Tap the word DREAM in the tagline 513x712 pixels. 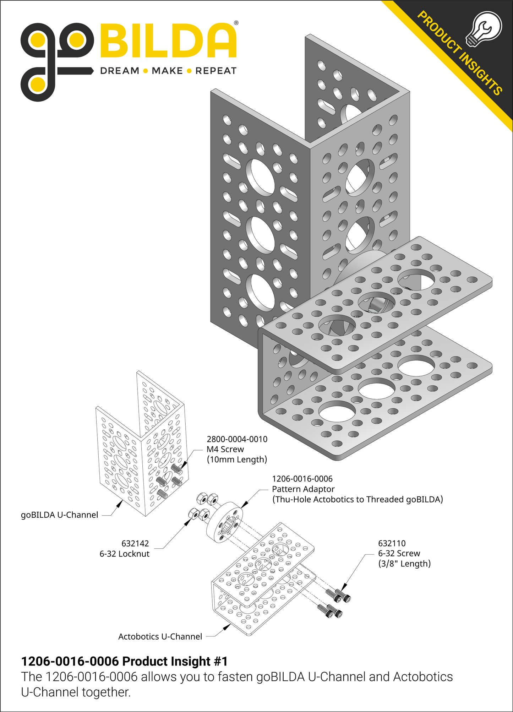pos(120,71)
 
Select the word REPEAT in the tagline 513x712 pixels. pos(216,71)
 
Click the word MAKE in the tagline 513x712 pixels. pos(167,71)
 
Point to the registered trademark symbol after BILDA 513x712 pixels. pos(236,23)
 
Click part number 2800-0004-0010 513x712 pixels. pos(237,439)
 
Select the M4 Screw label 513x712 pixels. pos(225,449)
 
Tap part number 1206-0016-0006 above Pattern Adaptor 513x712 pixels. pos(302,479)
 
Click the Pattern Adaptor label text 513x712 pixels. pos(303,489)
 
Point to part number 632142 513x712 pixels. pos(135,544)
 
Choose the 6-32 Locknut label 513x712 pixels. pos(124,554)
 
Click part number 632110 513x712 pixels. pos(392,543)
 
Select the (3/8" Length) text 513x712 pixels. pos(404,564)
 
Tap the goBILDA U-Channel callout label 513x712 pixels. pos(59,515)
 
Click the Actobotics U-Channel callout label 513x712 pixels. pos(160,637)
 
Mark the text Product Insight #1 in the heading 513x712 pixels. pos(175,662)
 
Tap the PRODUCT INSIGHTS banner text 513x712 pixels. pos(459,53)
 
